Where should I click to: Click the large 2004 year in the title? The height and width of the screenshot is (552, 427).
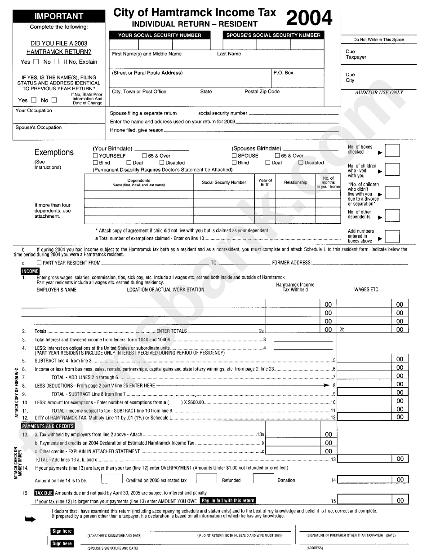pos(309,18)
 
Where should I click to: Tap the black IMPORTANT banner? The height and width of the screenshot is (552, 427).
pos(59,16)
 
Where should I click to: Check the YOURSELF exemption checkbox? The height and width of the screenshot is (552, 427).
pos(95,156)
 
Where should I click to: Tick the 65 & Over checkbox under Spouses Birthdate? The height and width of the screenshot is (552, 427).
pos(277,156)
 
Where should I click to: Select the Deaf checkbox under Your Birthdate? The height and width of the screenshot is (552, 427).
pos(129,163)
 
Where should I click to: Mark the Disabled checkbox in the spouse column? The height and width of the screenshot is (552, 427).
pos(301,163)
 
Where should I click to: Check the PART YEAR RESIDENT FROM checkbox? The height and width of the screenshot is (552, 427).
pos(39,263)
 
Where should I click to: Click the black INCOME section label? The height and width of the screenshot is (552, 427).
pos(30,271)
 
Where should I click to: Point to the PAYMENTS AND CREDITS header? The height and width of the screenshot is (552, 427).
pos(48,426)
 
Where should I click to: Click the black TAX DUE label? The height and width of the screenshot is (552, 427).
pos(44,493)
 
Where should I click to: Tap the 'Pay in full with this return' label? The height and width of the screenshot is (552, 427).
pos(228,500)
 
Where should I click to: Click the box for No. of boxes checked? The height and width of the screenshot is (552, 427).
pos(392,150)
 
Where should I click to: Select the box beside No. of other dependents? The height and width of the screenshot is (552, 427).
pos(392,216)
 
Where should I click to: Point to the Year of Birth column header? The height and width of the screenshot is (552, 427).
pos(265,182)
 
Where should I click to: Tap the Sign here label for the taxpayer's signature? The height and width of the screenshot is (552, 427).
pos(62,531)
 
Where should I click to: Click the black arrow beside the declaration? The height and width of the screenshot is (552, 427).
pos(30,520)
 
